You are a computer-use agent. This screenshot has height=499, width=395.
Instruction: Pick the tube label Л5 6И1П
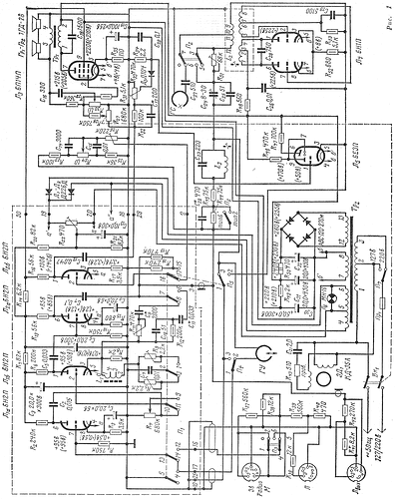coord(375,55)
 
